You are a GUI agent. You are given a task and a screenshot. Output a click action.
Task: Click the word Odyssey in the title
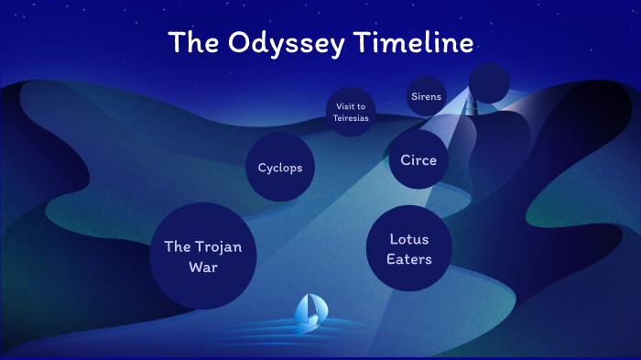[274, 43]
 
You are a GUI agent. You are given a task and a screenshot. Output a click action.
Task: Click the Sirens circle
[426, 95]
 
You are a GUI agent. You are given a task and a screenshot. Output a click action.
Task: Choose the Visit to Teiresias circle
[351, 112]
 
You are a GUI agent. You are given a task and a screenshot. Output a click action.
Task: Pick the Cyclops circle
[280, 168]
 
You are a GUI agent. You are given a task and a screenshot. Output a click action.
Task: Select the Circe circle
[418, 159]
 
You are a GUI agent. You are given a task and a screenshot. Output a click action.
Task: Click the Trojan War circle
[202, 256]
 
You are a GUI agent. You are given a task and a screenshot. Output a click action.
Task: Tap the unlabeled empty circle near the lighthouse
[489, 82]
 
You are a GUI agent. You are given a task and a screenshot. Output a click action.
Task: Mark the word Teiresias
[351, 118]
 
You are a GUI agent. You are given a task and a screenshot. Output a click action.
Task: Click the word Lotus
[408, 239]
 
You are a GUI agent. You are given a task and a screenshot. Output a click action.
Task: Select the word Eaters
[408, 259]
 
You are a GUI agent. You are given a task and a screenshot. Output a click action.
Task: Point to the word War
[202, 267]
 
